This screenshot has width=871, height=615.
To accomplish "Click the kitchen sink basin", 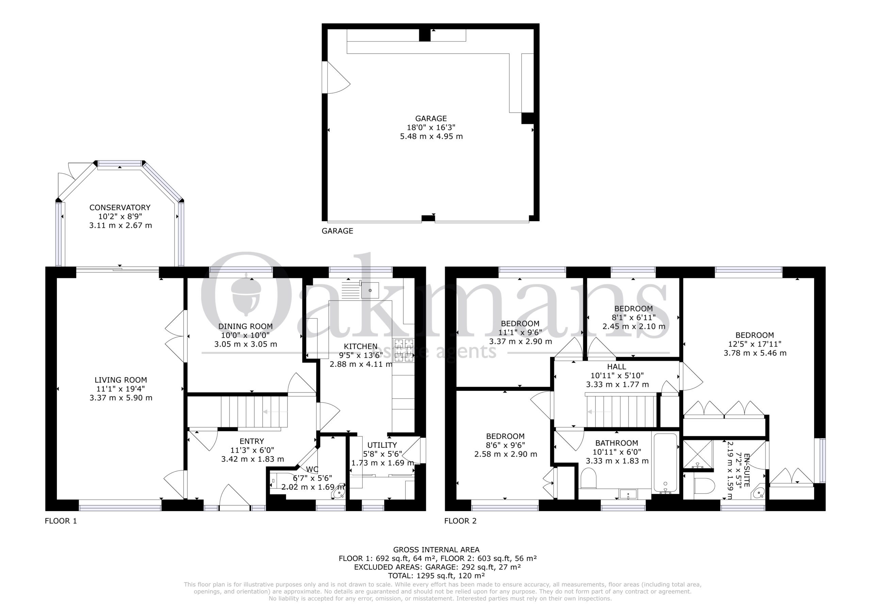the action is [x=370, y=290].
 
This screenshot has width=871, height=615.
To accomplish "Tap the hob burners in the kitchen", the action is [x=403, y=350].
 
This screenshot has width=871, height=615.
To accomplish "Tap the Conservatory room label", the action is [x=120, y=208].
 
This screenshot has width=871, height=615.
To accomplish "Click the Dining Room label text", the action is [x=245, y=326].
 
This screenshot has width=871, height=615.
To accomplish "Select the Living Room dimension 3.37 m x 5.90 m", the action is [x=121, y=398].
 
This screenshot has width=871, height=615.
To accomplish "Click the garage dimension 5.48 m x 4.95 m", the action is [x=431, y=136].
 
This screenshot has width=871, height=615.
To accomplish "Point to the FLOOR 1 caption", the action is [x=61, y=521].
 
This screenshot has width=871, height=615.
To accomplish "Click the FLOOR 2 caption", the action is [x=460, y=521].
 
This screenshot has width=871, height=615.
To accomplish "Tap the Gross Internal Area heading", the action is [x=436, y=550].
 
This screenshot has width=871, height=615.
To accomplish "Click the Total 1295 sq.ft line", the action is [x=436, y=576].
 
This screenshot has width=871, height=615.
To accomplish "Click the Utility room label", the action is [x=382, y=445].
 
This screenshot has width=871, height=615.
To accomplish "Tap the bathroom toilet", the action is [x=588, y=478].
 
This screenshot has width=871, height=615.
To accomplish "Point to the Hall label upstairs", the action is [x=617, y=367].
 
